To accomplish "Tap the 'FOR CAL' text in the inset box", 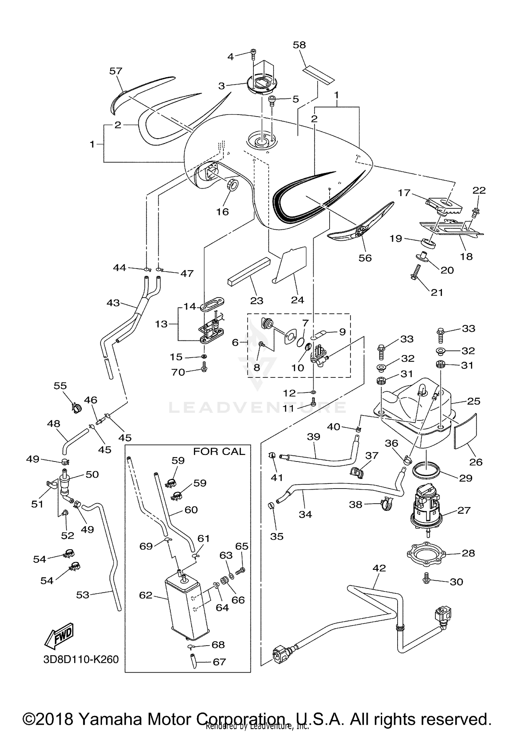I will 219,452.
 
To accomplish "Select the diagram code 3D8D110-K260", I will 81,659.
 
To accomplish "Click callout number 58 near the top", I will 299,45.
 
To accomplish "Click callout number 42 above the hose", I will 379,568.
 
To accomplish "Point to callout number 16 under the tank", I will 222,212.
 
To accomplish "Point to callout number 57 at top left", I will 116,71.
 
